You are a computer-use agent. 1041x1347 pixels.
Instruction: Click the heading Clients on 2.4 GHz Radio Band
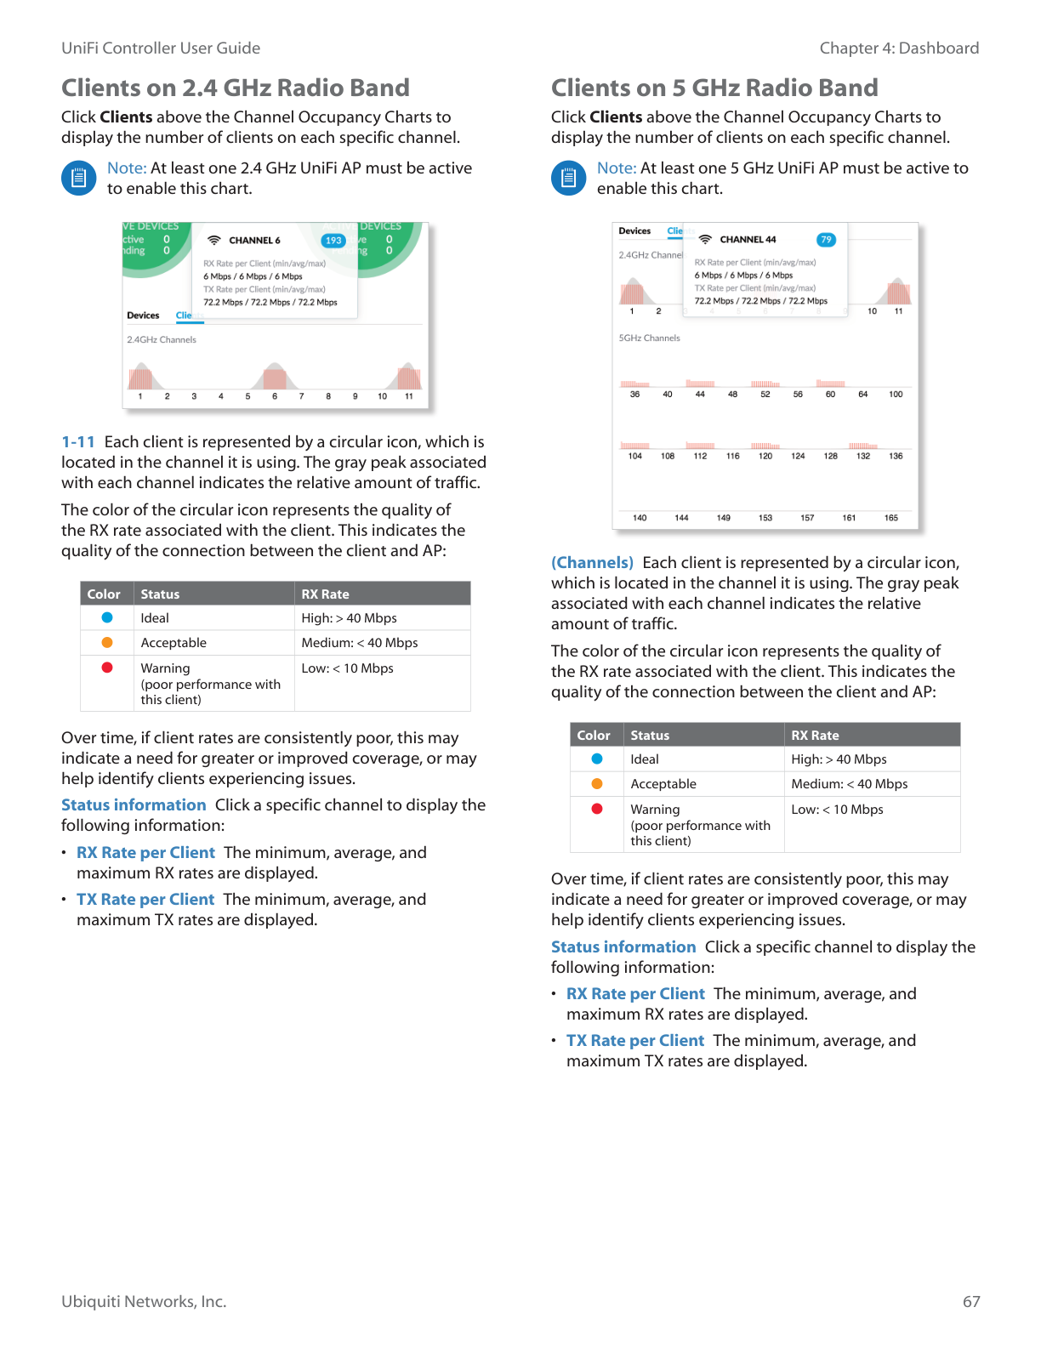(235, 88)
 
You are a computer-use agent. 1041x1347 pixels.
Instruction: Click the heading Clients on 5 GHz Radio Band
(714, 88)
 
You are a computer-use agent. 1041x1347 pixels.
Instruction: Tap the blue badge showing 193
(333, 241)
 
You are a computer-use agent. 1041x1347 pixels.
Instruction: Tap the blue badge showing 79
(826, 240)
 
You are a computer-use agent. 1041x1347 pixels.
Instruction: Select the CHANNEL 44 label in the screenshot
(748, 240)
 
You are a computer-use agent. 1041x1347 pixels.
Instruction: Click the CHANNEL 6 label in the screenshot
(254, 241)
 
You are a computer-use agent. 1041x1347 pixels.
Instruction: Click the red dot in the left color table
(107, 668)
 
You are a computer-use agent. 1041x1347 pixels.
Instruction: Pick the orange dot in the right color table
(597, 783)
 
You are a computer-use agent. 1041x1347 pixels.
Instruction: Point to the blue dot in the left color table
(107, 617)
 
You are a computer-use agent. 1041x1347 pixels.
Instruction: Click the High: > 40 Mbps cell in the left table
(349, 618)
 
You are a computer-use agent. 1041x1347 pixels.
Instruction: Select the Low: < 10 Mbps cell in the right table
(837, 810)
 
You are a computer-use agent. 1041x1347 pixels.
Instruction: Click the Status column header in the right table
(650, 736)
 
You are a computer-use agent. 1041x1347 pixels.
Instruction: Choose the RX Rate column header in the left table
(325, 594)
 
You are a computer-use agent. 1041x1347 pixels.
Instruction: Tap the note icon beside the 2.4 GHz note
(78, 178)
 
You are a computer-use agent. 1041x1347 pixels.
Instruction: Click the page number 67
(971, 1302)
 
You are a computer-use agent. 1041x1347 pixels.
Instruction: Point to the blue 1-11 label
(78, 442)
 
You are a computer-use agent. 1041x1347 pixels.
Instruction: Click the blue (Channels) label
(592, 563)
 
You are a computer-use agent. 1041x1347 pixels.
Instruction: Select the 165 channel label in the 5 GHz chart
(890, 518)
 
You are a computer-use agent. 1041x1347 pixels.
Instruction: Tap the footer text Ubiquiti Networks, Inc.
(144, 1302)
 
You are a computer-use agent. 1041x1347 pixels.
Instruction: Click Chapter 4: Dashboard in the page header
(899, 48)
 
